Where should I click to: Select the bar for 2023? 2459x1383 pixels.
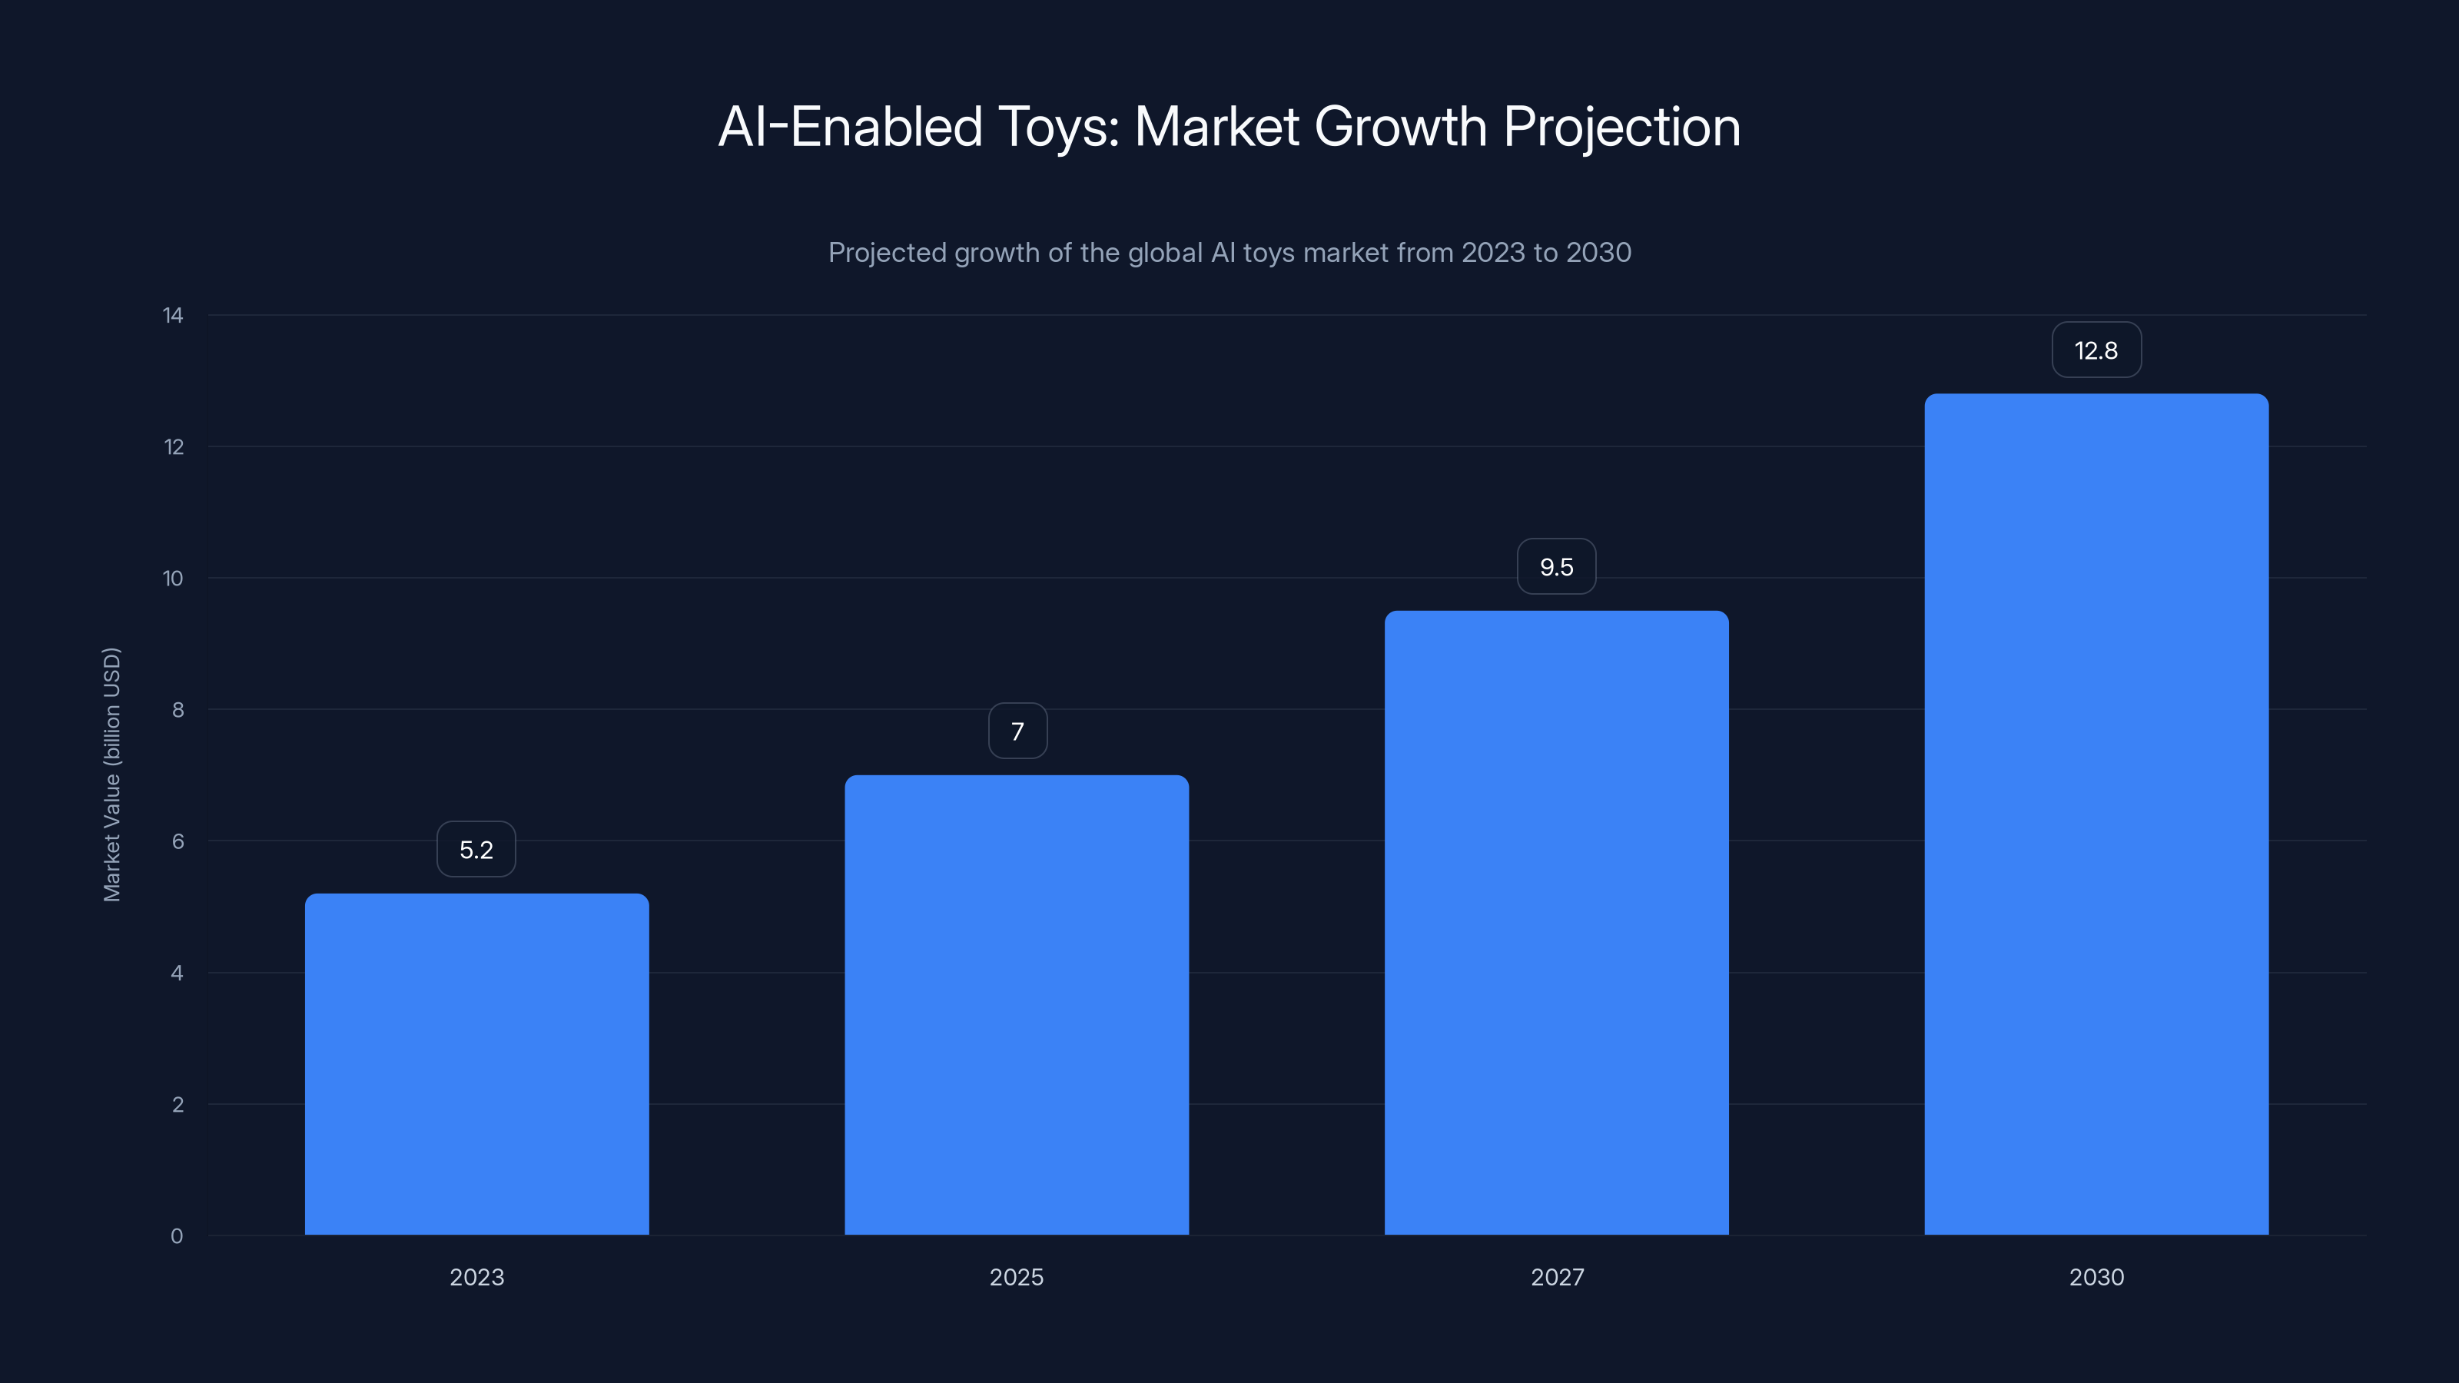[476, 1064]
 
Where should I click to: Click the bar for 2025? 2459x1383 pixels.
[1017, 1005]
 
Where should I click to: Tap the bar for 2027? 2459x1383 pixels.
[1556, 923]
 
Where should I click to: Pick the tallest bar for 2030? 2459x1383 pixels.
[2096, 814]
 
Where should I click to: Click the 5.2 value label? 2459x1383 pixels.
[476, 850]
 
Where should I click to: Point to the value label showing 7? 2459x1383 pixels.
[1017, 731]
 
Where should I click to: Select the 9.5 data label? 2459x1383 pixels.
[1556, 567]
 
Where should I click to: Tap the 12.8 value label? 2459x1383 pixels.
[2096, 350]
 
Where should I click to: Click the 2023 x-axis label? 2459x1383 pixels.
[476, 1277]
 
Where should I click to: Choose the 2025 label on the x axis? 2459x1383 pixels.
[1017, 1277]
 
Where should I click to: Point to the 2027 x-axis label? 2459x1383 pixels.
[1557, 1277]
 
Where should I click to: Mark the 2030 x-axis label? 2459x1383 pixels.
[2096, 1277]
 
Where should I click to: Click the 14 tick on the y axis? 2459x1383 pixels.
[173, 315]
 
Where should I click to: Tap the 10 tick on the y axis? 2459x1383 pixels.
[173, 579]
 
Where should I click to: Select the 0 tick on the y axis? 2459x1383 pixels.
[177, 1236]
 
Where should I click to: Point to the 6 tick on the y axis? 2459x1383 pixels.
[178, 841]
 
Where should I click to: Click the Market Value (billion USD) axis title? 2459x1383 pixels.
[111, 774]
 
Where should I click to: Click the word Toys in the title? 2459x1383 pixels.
[1057, 127]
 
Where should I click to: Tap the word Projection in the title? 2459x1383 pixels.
[1622, 127]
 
